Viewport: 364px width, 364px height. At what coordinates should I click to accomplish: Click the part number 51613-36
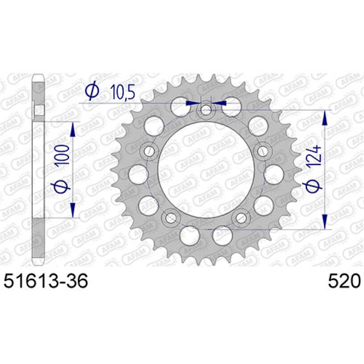tap(45, 281)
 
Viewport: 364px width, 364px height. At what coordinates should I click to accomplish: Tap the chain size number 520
tap(344, 281)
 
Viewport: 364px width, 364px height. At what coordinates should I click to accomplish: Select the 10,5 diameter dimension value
tap(122, 92)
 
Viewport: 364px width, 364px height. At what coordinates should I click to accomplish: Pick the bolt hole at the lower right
tap(241, 217)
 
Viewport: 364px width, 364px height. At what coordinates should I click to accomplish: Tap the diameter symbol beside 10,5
tap(92, 92)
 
